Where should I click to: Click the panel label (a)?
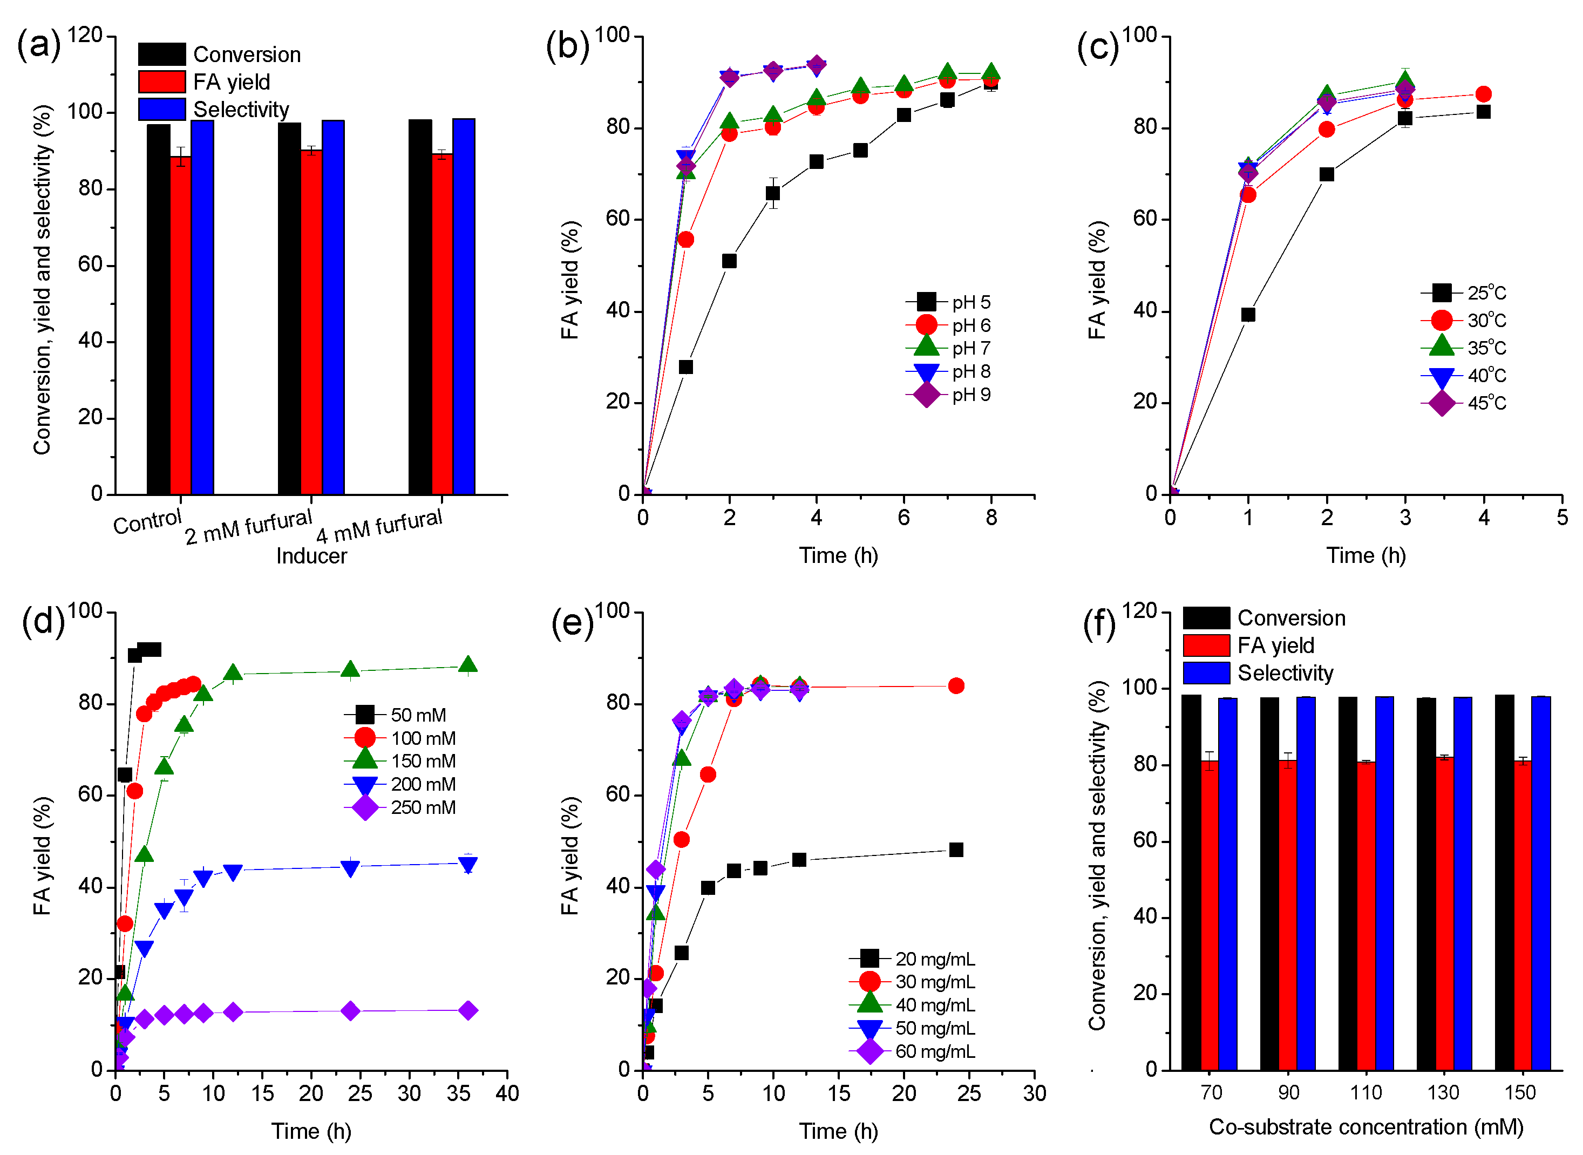tap(38, 45)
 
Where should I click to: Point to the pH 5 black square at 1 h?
tap(686, 366)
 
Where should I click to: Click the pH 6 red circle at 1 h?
tap(686, 240)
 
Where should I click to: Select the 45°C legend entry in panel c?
tap(1465, 403)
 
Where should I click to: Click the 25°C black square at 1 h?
tap(1248, 315)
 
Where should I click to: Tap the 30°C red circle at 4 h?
tap(1483, 94)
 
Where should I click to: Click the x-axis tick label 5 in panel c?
tap(1561, 518)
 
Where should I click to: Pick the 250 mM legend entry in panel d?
tap(402, 807)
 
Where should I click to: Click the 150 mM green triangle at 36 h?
tap(468, 665)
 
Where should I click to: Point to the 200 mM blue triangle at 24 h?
tap(350, 868)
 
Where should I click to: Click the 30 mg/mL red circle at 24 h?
tap(956, 686)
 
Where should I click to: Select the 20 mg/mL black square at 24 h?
tap(956, 850)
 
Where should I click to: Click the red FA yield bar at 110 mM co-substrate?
tap(1365, 916)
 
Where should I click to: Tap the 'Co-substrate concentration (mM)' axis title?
tap(1365, 1126)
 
